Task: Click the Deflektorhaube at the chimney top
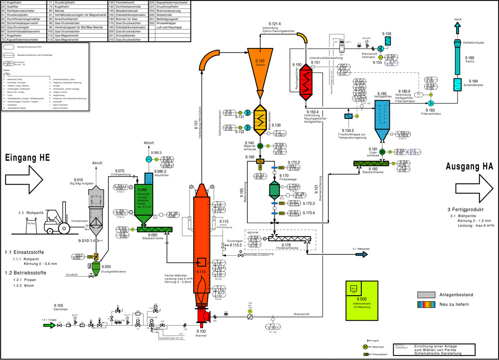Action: pos(458,43)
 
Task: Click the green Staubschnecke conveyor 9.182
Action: pos(374,163)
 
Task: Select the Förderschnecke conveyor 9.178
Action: pos(289,238)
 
